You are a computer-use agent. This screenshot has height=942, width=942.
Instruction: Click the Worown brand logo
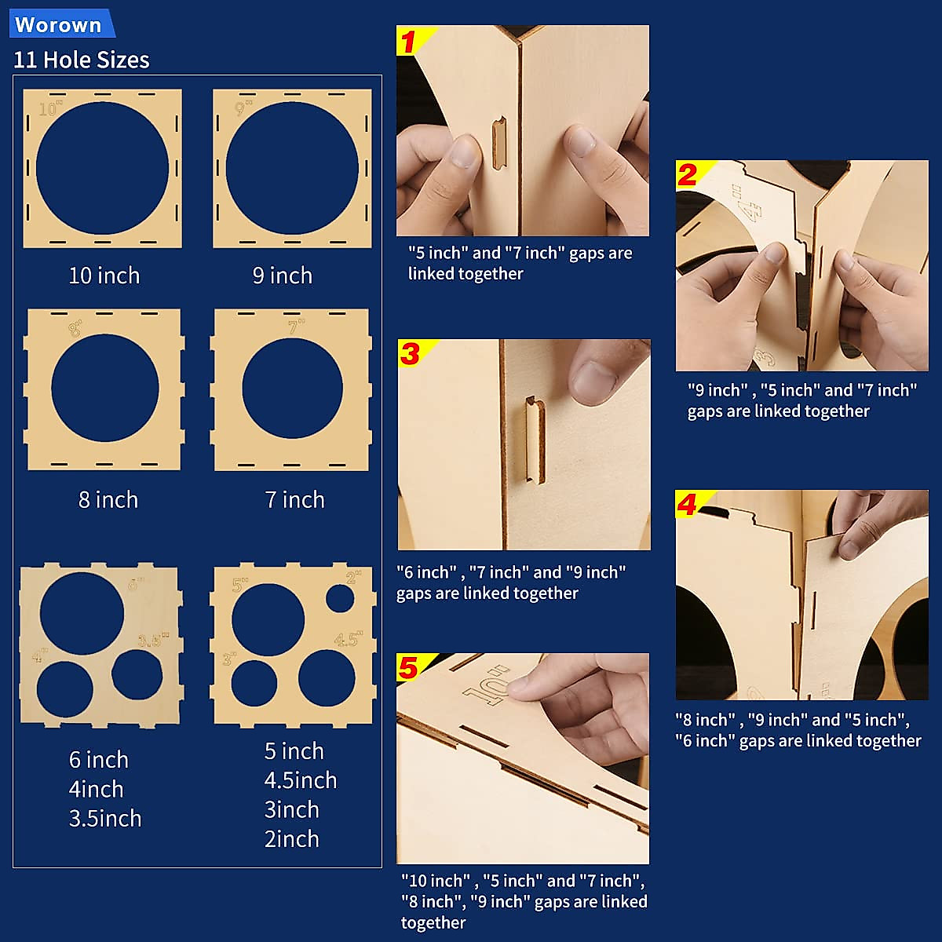(x=59, y=24)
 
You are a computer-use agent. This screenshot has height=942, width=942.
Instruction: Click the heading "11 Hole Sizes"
(x=82, y=60)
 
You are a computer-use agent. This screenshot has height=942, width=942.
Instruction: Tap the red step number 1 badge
(x=409, y=41)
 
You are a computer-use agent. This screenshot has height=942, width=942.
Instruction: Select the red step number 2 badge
(x=688, y=175)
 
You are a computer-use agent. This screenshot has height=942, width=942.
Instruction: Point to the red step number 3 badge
(x=411, y=354)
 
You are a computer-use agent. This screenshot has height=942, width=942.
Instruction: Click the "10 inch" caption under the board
(x=104, y=276)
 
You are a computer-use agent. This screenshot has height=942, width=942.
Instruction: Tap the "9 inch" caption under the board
(x=283, y=276)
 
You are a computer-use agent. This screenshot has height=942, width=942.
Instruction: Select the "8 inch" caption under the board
(x=108, y=500)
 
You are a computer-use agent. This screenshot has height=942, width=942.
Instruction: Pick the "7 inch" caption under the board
(x=294, y=500)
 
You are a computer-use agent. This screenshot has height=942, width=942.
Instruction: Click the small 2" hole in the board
(x=340, y=598)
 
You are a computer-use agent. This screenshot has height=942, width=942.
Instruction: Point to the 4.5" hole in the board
(x=327, y=677)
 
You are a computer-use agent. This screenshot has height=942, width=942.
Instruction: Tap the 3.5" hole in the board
(x=137, y=674)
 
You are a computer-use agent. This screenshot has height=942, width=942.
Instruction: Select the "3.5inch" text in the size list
(x=105, y=818)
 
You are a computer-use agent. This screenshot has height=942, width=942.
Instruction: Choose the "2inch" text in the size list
(x=292, y=839)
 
